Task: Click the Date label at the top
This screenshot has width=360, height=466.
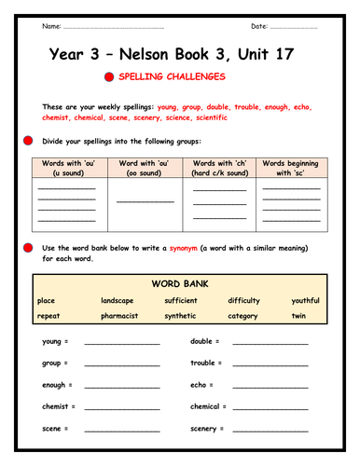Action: click(259, 25)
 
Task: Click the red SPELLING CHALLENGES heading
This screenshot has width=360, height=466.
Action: click(191, 77)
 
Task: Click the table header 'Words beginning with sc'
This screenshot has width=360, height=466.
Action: click(291, 169)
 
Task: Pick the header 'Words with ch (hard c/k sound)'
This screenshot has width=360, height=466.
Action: click(219, 169)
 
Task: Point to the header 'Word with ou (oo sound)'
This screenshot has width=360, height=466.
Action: click(145, 169)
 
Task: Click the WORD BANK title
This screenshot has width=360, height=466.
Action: click(179, 283)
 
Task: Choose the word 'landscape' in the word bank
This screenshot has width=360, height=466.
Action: click(118, 300)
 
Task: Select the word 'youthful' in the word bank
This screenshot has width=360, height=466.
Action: click(305, 300)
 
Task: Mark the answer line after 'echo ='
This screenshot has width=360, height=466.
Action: click(270, 386)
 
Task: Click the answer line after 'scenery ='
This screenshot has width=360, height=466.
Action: click(270, 430)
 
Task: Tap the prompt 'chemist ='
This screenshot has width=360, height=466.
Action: click(59, 406)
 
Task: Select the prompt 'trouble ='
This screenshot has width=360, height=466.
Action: click(205, 363)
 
